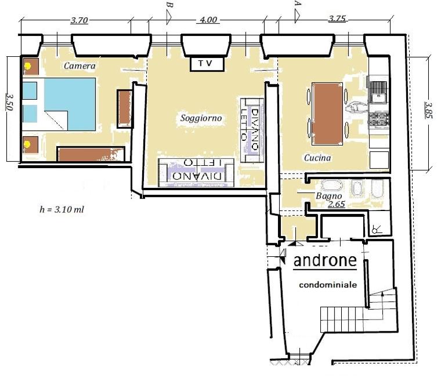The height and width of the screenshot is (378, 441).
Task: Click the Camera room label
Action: (79, 66)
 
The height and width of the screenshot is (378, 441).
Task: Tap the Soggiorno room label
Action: (201, 118)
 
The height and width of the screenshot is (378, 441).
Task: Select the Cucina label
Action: (317, 158)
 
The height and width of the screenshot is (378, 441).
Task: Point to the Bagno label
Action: (329, 195)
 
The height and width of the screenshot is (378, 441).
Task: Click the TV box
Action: (207, 64)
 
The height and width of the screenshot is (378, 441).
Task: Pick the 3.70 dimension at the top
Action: (79, 20)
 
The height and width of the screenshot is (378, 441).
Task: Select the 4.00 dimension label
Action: (208, 20)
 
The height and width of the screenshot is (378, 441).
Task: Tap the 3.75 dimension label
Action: (337, 19)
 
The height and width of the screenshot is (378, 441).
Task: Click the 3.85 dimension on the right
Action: (428, 110)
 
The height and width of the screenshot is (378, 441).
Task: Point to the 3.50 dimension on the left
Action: (9, 102)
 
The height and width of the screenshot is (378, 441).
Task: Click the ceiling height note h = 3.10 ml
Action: (62, 209)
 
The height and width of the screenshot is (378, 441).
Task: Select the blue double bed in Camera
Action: (70, 104)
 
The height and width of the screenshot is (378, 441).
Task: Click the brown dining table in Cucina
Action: (327, 114)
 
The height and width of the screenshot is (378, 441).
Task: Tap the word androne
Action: (325, 260)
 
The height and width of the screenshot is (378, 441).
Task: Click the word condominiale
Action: (328, 285)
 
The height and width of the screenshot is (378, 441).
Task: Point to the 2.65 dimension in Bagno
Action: (337, 204)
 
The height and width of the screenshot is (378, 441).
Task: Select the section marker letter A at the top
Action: (298, 3)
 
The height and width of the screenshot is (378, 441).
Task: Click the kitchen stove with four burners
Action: (378, 119)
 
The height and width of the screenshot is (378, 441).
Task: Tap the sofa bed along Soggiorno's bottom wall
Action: (196, 173)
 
